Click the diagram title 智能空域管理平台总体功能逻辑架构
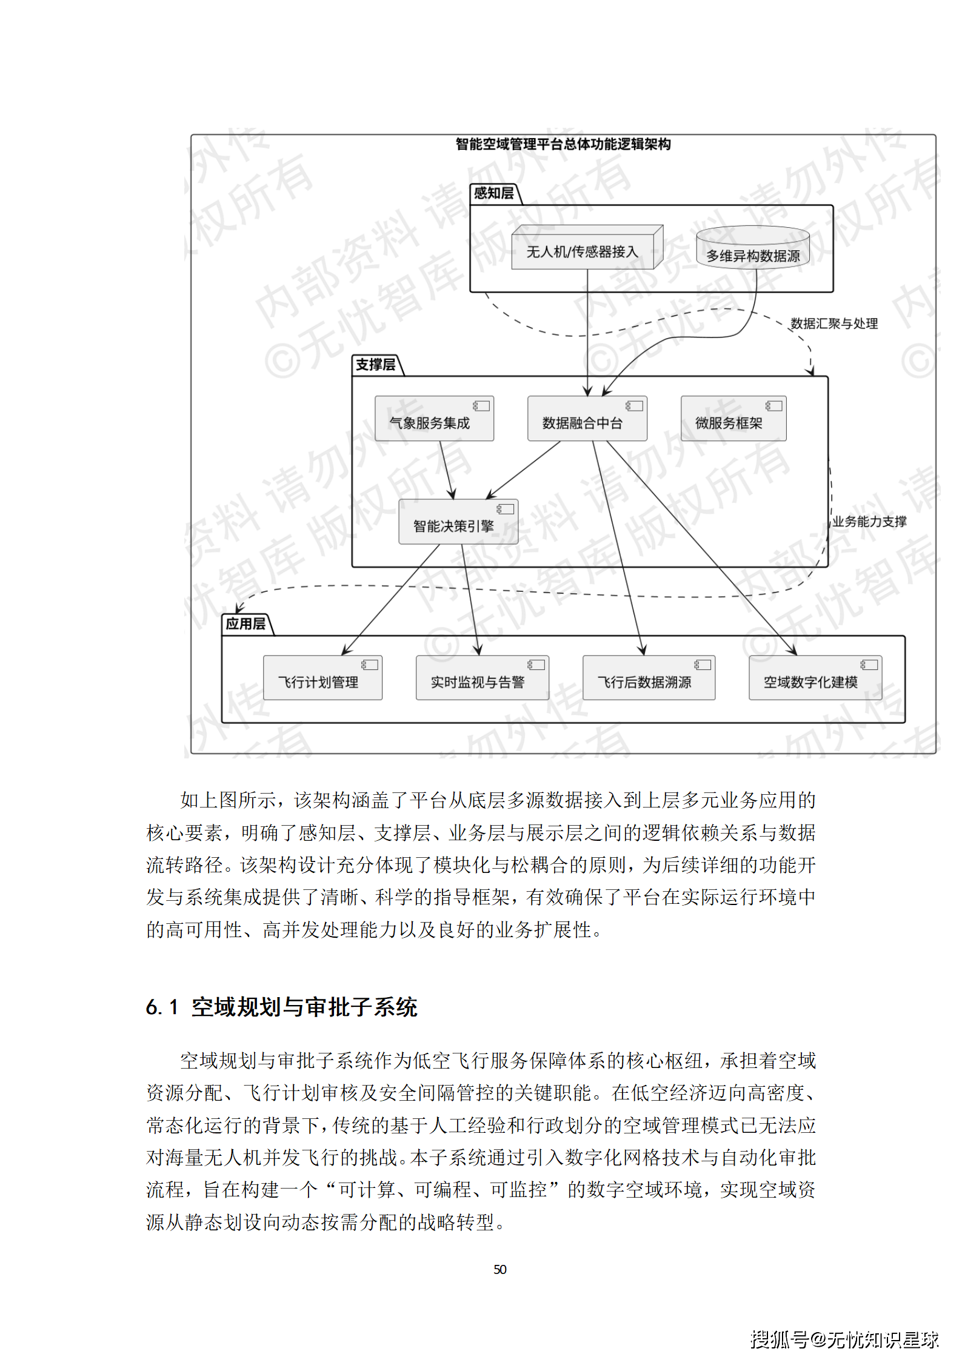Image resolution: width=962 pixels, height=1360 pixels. (x=563, y=144)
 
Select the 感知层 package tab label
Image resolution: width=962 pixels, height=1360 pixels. (x=493, y=193)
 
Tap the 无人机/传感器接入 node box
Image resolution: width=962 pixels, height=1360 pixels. (x=582, y=251)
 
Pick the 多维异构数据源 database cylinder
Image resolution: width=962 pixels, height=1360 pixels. (x=752, y=254)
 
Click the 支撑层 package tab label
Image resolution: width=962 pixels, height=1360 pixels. (x=375, y=365)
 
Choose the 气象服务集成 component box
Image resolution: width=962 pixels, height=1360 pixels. (x=434, y=419)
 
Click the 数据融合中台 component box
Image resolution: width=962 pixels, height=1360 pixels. (x=587, y=419)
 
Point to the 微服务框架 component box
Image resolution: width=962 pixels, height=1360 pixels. (x=733, y=419)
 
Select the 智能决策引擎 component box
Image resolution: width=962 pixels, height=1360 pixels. (x=458, y=522)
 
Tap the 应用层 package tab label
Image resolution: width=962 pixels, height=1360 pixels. (x=246, y=624)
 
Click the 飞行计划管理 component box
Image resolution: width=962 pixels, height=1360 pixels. (x=322, y=678)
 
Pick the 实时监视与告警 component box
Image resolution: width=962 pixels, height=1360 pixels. (x=482, y=678)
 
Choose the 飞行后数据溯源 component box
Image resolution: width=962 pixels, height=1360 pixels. (x=648, y=678)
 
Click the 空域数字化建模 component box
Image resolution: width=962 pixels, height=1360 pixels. (x=815, y=678)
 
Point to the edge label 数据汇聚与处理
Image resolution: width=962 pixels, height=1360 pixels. (x=834, y=323)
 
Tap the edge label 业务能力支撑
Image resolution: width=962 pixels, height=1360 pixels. (x=869, y=522)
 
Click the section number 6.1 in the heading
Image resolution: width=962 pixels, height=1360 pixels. (x=162, y=1007)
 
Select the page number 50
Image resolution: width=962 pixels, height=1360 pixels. (x=500, y=1269)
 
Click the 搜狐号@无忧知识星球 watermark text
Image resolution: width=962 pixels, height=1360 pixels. (x=844, y=1339)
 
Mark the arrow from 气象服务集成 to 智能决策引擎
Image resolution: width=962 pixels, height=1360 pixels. (x=447, y=469)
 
